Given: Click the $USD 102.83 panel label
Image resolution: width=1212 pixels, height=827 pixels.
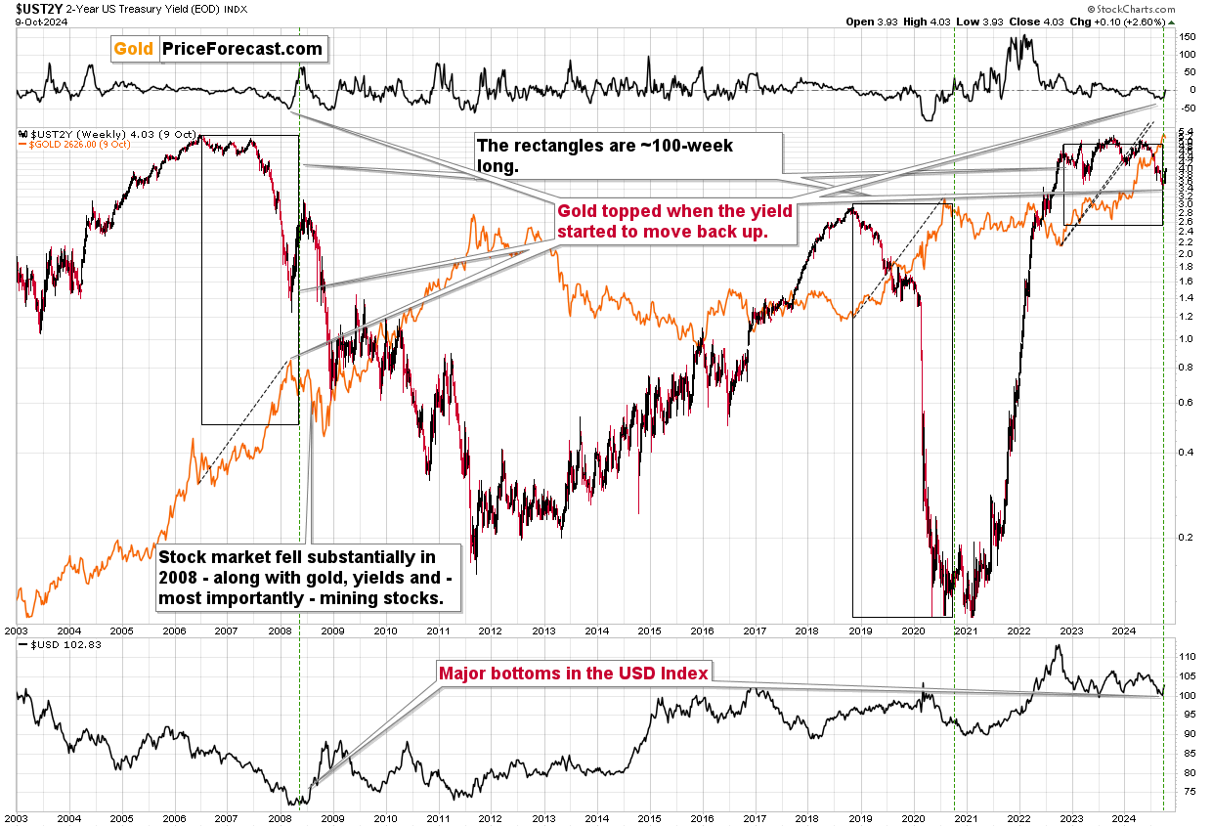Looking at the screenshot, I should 50,646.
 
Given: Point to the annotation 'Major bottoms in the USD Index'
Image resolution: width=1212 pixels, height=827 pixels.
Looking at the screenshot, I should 574,673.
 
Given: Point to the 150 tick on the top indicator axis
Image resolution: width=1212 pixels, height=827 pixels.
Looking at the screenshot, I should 1187,37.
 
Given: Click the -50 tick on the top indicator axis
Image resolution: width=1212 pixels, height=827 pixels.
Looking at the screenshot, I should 1187,107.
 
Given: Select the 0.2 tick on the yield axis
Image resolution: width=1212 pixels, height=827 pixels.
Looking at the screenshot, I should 1185,537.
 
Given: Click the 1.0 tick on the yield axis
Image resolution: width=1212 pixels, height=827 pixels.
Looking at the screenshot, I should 1185,338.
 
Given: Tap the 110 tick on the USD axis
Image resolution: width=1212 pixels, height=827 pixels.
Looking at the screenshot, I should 1186,656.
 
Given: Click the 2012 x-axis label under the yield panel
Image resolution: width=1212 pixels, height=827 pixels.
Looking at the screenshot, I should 490,631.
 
